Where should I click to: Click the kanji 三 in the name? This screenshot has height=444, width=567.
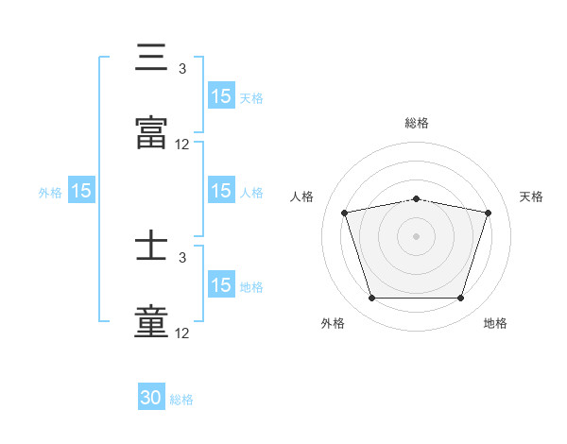151,60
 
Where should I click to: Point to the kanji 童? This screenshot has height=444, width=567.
151,321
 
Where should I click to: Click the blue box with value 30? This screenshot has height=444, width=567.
151,398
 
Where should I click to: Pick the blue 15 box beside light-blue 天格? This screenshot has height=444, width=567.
221,96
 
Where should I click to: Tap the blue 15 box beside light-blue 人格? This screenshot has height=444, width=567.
221,191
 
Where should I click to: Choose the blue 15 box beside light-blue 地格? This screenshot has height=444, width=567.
221,285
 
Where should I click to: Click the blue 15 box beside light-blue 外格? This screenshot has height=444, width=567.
81,191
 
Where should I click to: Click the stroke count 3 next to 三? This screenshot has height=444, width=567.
181,69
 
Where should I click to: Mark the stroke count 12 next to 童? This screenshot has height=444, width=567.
182,333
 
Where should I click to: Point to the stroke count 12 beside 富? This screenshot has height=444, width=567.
182,145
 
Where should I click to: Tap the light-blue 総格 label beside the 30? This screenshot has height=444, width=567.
181,400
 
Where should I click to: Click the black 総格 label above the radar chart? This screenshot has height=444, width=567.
417,123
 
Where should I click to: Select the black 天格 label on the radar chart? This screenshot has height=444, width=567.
531,196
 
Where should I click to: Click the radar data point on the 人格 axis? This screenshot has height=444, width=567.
345,213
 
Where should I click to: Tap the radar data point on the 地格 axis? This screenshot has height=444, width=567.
460,299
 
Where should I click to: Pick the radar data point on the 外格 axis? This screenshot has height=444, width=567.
371,299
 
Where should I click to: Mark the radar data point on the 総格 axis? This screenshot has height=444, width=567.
416,198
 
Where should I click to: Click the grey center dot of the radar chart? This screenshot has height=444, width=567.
416,236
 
